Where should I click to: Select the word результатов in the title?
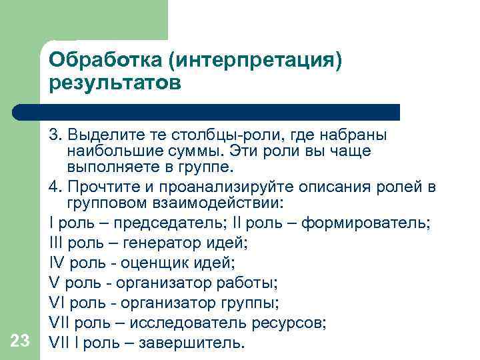[114, 83]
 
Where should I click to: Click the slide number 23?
[21, 341]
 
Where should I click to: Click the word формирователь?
[365, 222]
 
